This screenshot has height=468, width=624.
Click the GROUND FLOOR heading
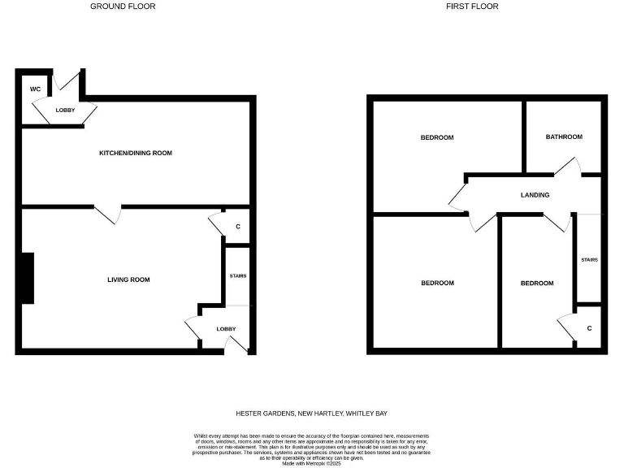click(x=123, y=6)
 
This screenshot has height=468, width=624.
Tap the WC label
click(x=36, y=89)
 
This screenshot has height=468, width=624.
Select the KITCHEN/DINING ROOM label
click(x=136, y=153)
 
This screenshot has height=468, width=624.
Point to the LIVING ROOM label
click(x=129, y=279)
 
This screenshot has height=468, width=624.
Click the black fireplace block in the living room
click(x=28, y=278)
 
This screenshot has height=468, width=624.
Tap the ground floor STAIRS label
click(x=238, y=275)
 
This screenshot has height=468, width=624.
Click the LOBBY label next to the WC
click(x=66, y=110)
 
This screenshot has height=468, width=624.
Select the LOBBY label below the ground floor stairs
click(x=227, y=328)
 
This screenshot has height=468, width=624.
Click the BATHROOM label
click(x=564, y=136)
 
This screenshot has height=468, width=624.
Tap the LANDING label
click(x=535, y=195)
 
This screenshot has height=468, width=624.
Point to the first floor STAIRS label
click(x=589, y=260)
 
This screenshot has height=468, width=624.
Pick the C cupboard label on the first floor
click(x=589, y=328)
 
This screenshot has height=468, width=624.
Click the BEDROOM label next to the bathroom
click(x=437, y=137)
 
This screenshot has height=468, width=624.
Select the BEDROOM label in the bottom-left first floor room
click(x=437, y=283)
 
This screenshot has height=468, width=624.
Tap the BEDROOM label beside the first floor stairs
click(x=537, y=283)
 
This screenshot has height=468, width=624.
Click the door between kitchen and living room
click(x=109, y=214)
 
